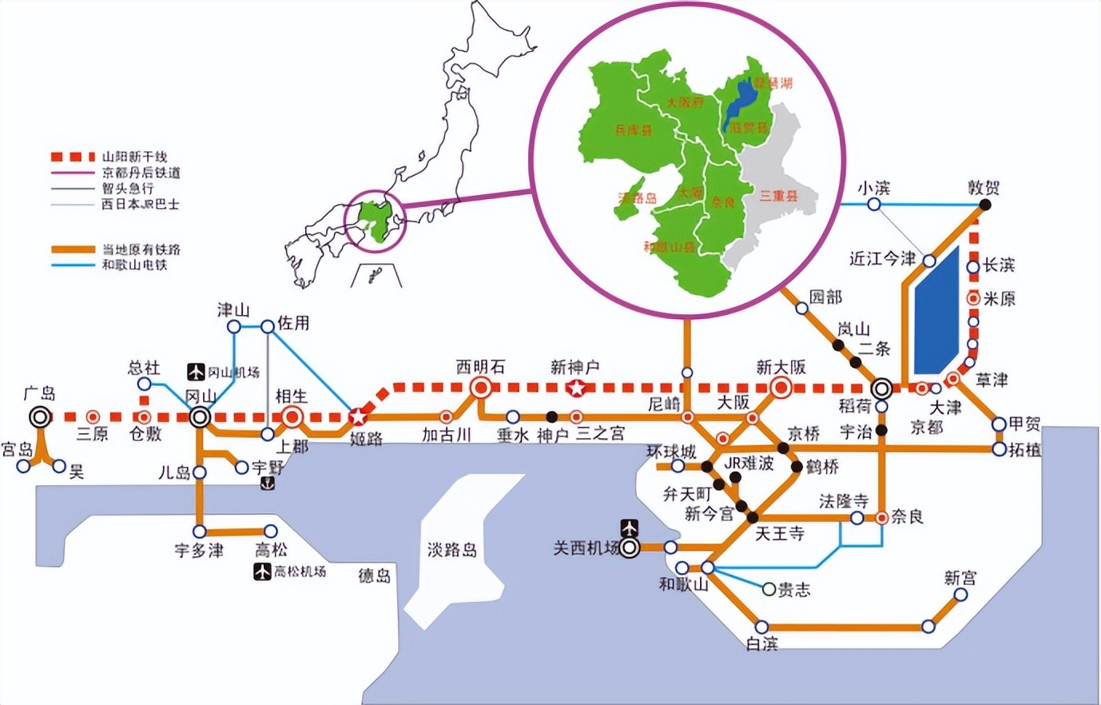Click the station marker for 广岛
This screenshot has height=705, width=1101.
(x=39, y=416)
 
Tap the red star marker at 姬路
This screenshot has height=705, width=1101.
(x=358, y=416)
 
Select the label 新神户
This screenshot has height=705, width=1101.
(x=574, y=368)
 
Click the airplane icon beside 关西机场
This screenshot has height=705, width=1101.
(x=630, y=528)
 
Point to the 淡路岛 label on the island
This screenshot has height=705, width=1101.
(x=451, y=550)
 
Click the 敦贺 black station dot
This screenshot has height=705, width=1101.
(x=985, y=205)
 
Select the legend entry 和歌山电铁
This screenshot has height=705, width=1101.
(x=134, y=265)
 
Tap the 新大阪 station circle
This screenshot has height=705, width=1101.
(x=781, y=388)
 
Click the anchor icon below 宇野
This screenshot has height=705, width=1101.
(x=268, y=484)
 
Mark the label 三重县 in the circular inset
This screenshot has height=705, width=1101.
(x=777, y=196)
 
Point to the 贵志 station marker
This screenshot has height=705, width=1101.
(x=769, y=589)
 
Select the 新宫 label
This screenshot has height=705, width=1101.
(x=960, y=577)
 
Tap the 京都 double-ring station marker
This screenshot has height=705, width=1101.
(x=882, y=388)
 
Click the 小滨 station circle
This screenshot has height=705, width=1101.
(x=874, y=205)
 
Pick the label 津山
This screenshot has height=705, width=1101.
(x=233, y=310)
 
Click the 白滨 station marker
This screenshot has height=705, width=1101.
(x=762, y=627)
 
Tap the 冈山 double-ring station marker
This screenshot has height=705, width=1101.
(x=200, y=416)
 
